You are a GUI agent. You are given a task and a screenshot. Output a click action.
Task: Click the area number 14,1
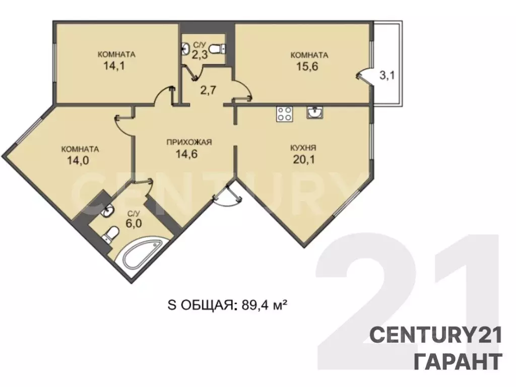tap(114, 66)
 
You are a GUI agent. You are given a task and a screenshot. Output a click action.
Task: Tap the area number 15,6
tap(307, 67)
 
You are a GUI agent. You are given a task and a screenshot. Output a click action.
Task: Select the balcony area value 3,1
tap(386, 76)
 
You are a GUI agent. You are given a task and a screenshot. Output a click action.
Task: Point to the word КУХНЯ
tap(303, 148)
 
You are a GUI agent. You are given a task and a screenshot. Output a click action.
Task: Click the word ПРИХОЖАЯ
tap(189, 142)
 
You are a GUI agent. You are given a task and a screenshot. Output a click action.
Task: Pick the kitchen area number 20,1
tap(304, 160)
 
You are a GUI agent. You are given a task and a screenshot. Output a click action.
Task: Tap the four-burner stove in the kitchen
tap(285, 114)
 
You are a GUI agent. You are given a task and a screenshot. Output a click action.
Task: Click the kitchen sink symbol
tap(314, 112)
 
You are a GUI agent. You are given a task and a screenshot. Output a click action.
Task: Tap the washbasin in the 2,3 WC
tap(185, 49)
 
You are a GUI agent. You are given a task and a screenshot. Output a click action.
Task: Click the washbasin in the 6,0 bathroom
tap(108, 211)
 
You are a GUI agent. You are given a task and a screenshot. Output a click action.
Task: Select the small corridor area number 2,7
tap(208, 90)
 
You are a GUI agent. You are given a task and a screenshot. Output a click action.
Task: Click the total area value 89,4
tap(254, 305)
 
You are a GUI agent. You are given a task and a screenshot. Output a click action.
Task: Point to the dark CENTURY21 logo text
tap(436, 335)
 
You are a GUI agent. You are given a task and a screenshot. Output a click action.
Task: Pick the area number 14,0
tap(78, 161)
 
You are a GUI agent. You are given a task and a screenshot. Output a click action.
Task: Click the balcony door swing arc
tap(363, 75)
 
